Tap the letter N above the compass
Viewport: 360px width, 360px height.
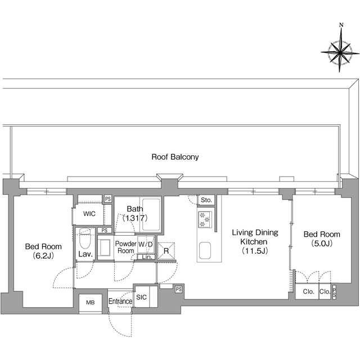point(341,25)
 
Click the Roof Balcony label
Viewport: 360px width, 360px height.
point(175,157)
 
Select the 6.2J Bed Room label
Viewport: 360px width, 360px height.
point(43,251)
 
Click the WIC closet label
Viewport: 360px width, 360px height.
point(89,214)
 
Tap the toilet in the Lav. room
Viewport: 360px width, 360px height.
point(85,241)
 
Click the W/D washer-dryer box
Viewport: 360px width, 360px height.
point(145,245)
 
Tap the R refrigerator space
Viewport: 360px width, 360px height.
point(166,251)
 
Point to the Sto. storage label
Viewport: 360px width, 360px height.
point(205,200)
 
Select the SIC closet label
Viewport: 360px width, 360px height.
point(141,297)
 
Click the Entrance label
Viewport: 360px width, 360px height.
point(120,301)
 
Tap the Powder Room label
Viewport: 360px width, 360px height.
point(125,247)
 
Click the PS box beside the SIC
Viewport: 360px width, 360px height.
point(178,289)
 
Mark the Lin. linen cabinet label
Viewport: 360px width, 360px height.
point(145,258)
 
